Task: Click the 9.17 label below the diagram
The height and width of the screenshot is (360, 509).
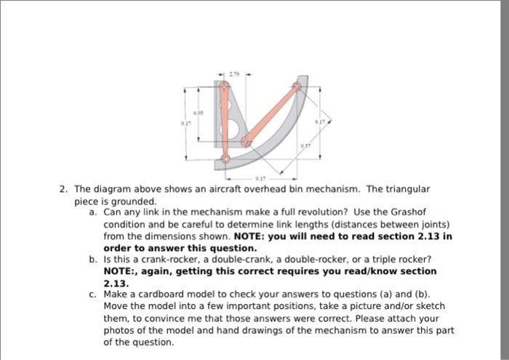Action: pos(260,177)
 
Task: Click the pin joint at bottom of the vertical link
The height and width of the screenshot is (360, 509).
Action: pos(225,158)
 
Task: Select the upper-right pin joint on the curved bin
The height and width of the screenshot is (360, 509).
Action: pos(297,87)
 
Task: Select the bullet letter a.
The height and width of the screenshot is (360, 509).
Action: pos(93,212)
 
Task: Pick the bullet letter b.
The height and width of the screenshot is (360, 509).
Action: pos(93,259)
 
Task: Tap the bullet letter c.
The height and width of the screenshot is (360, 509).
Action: pos(93,294)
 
